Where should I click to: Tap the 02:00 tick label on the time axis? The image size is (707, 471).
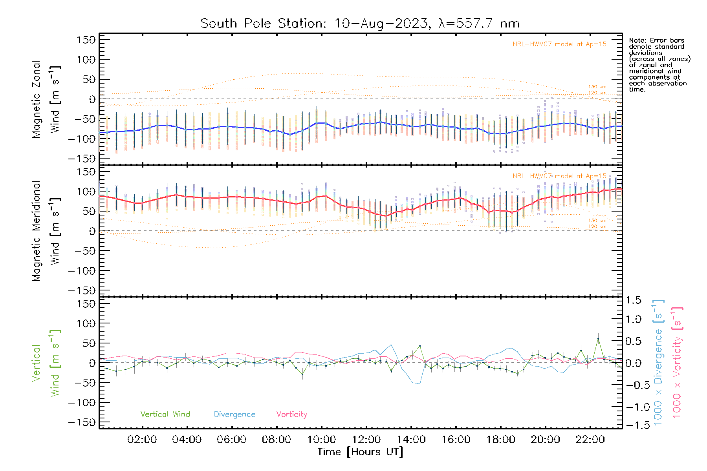[142, 440]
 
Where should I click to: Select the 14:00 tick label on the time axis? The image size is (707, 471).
[411, 440]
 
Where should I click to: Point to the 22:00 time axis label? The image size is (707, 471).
[590, 440]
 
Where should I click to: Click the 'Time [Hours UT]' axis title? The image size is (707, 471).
[360, 452]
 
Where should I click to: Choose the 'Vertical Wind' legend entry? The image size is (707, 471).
[165, 414]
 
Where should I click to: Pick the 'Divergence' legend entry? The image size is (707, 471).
[234, 414]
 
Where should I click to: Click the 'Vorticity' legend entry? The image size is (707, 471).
[291, 414]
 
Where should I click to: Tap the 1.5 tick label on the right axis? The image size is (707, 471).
[633, 300]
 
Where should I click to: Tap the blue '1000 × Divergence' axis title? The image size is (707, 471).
[658, 363]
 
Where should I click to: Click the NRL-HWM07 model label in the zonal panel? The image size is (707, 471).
[559, 44]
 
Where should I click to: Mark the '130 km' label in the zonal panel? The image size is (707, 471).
[597, 87]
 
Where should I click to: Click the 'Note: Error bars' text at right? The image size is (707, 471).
[656, 40]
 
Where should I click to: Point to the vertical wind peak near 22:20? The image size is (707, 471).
[598, 338]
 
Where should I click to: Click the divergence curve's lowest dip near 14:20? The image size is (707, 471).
[419, 384]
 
